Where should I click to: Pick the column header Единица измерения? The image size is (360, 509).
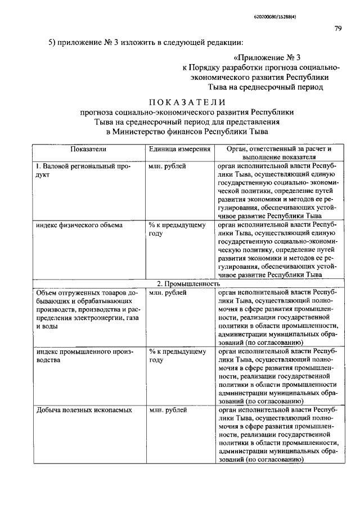[x=179, y=149]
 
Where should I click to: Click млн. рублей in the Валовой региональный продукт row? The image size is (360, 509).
[x=168, y=167]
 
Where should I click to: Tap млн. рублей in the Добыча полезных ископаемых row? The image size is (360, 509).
[x=168, y=410]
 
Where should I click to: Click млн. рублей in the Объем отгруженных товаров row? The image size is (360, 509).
[x=168, y=293]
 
